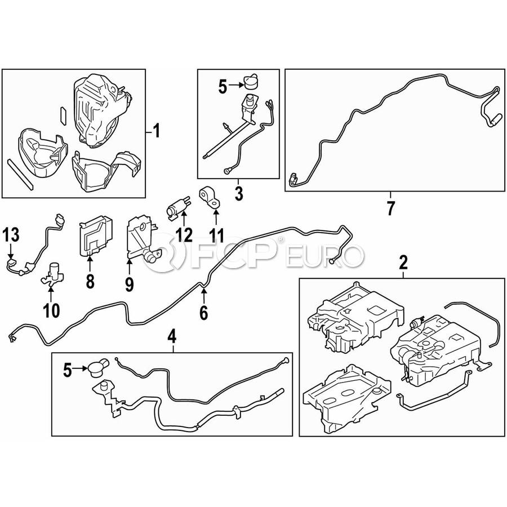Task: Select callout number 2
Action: click(403, 262)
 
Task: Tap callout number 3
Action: click(238, 195)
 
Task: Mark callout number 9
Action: click(129, 285)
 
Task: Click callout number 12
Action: click(184, 234)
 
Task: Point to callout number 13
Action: click(12, 234)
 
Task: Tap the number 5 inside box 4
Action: click(68, 370)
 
